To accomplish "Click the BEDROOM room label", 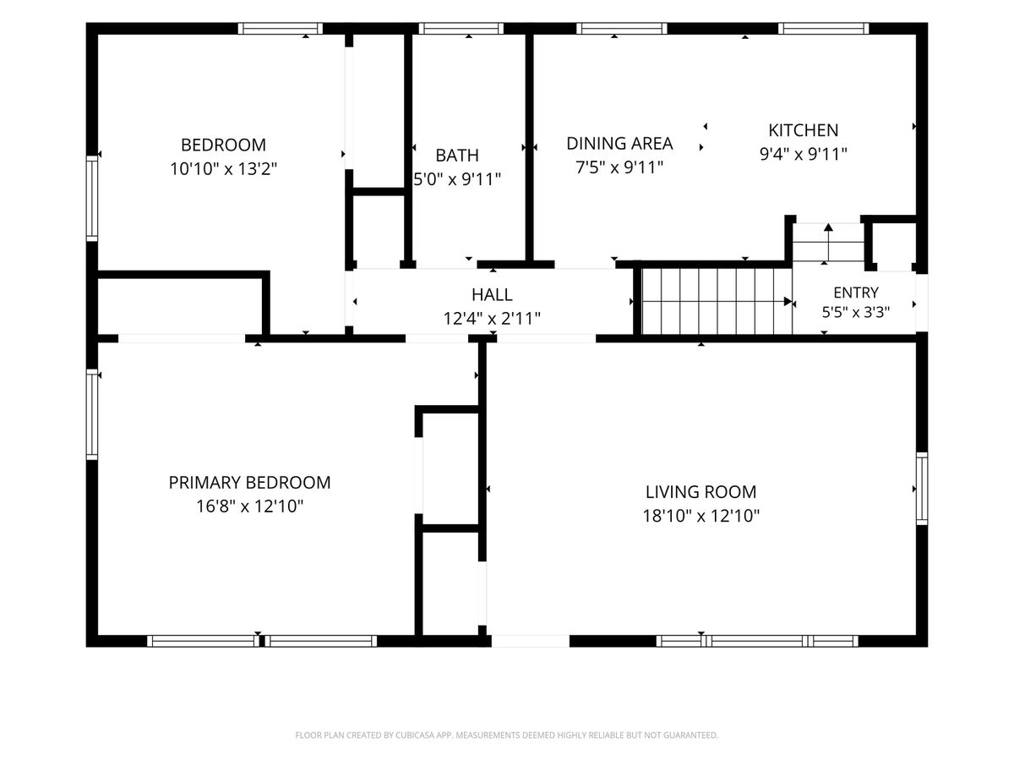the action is click(x=223, y=145).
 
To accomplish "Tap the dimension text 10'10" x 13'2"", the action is click(x=223, y=168).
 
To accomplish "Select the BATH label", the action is click(x=457, y=156).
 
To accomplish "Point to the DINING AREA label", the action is click(x=619, y=143).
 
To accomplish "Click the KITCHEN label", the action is click(x=803, y=130).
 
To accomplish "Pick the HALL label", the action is click(x=492, y=294).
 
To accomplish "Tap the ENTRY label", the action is click(x=855, y=293).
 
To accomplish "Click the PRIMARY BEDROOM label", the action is click(x=249, y=482).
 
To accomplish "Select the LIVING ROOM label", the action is click(x=701, y=491).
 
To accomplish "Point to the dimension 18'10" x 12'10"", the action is click(x=701, y=515).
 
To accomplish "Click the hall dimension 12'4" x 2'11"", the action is click(x=492, y=319).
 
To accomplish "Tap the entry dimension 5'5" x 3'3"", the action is click(x=855, y=312).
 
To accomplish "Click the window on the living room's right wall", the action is click(x=922, y=489).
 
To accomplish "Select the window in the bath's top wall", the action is click(x=461, y=29).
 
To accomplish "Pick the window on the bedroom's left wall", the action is click(x=92, y=198).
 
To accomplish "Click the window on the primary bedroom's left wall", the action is click(x=92, y=414).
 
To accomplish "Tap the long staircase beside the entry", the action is click(x=717, y=301).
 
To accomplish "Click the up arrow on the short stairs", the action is click(x=828, y=243).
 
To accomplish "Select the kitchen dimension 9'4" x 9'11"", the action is click(x=803, y=154).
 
